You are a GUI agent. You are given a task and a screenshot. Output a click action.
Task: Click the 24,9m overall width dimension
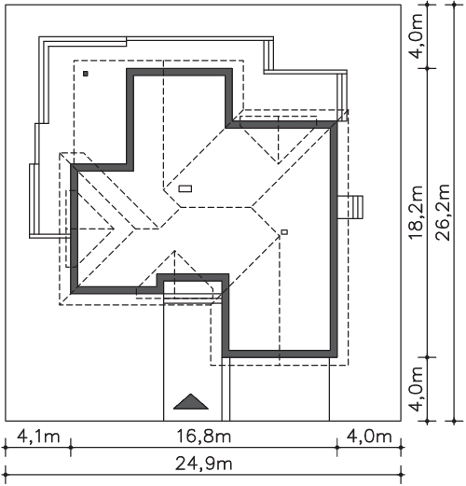tap(204, 465)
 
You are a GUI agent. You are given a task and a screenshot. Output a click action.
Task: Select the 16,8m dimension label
tap(204, 437)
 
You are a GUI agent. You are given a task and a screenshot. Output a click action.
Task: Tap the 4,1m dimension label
tap(38, 437)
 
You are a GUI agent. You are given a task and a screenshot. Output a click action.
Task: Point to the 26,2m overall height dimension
tap(443, 213)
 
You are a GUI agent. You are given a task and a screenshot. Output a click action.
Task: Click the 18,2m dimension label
tap(416, 213)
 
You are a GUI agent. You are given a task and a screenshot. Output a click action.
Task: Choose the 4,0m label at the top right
tap(416, 36)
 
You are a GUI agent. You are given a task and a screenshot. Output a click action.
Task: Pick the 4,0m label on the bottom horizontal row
tap(369, 437)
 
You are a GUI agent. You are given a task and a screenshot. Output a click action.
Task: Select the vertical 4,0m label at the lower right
tap(416, 389)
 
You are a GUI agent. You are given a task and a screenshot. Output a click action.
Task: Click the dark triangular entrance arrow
tap(191, 401)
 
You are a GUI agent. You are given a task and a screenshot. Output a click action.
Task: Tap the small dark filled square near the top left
tap(86, 74)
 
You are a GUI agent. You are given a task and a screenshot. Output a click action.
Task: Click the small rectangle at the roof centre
tap(185, 188)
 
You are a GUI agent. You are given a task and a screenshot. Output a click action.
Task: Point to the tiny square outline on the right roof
tap(284, 232)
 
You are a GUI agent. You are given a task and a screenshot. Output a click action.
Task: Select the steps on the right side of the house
tap(350, 207)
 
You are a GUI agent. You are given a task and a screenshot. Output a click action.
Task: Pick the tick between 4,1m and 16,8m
tap(71, 448)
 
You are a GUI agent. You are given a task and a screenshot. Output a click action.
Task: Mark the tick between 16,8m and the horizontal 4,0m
tap(337, 448)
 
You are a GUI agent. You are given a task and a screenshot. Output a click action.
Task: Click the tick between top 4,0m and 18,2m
tap(428, 68)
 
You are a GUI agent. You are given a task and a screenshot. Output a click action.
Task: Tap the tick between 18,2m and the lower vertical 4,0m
tap(428, 357)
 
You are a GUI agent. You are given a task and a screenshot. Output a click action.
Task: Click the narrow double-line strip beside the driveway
tap(226, 389)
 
